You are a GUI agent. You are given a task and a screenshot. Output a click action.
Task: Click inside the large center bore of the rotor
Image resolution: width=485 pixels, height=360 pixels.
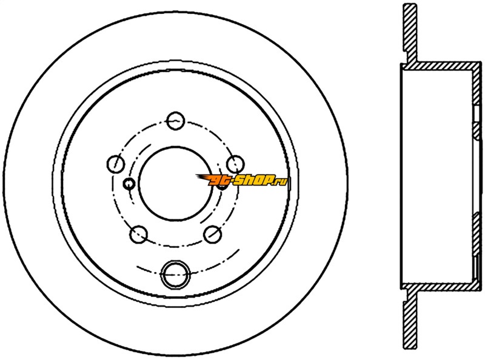click(x=176, y=184)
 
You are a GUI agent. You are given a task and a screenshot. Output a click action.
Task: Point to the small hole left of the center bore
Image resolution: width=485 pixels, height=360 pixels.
click(x=129, y=184)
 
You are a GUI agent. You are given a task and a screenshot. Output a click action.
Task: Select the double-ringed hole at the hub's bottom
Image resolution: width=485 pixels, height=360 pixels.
click(x=175, y=275)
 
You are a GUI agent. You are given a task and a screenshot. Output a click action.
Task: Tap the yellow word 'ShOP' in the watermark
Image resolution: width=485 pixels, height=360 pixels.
click(x=252, y=180)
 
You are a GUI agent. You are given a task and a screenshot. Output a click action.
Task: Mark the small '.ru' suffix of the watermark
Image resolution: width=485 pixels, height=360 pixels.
click(x=281, y=181)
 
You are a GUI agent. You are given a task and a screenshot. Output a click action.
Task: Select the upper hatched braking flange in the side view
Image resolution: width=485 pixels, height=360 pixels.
click(x=410, y=32)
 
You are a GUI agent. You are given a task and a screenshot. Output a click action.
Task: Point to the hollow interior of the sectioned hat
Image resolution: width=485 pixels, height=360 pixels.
click(x=436, y=176)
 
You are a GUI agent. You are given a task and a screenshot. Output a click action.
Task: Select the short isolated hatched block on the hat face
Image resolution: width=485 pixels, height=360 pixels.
click(x=477, y=130)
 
